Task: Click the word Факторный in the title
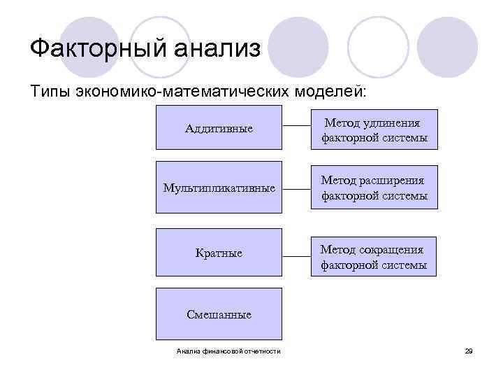(x=94, y=49)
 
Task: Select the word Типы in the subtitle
(x=50, y=91)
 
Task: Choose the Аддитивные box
(x=219, y=128)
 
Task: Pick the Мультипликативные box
(x=219, y=189)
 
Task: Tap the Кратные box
(x=219, y=252)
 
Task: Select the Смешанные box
(x=219, y=314)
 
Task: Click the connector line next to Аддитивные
(x=296, y=127)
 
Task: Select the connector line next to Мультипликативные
(x=296, y=188)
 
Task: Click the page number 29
(x=469, y=351)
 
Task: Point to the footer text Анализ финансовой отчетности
(x=228, y=351)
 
